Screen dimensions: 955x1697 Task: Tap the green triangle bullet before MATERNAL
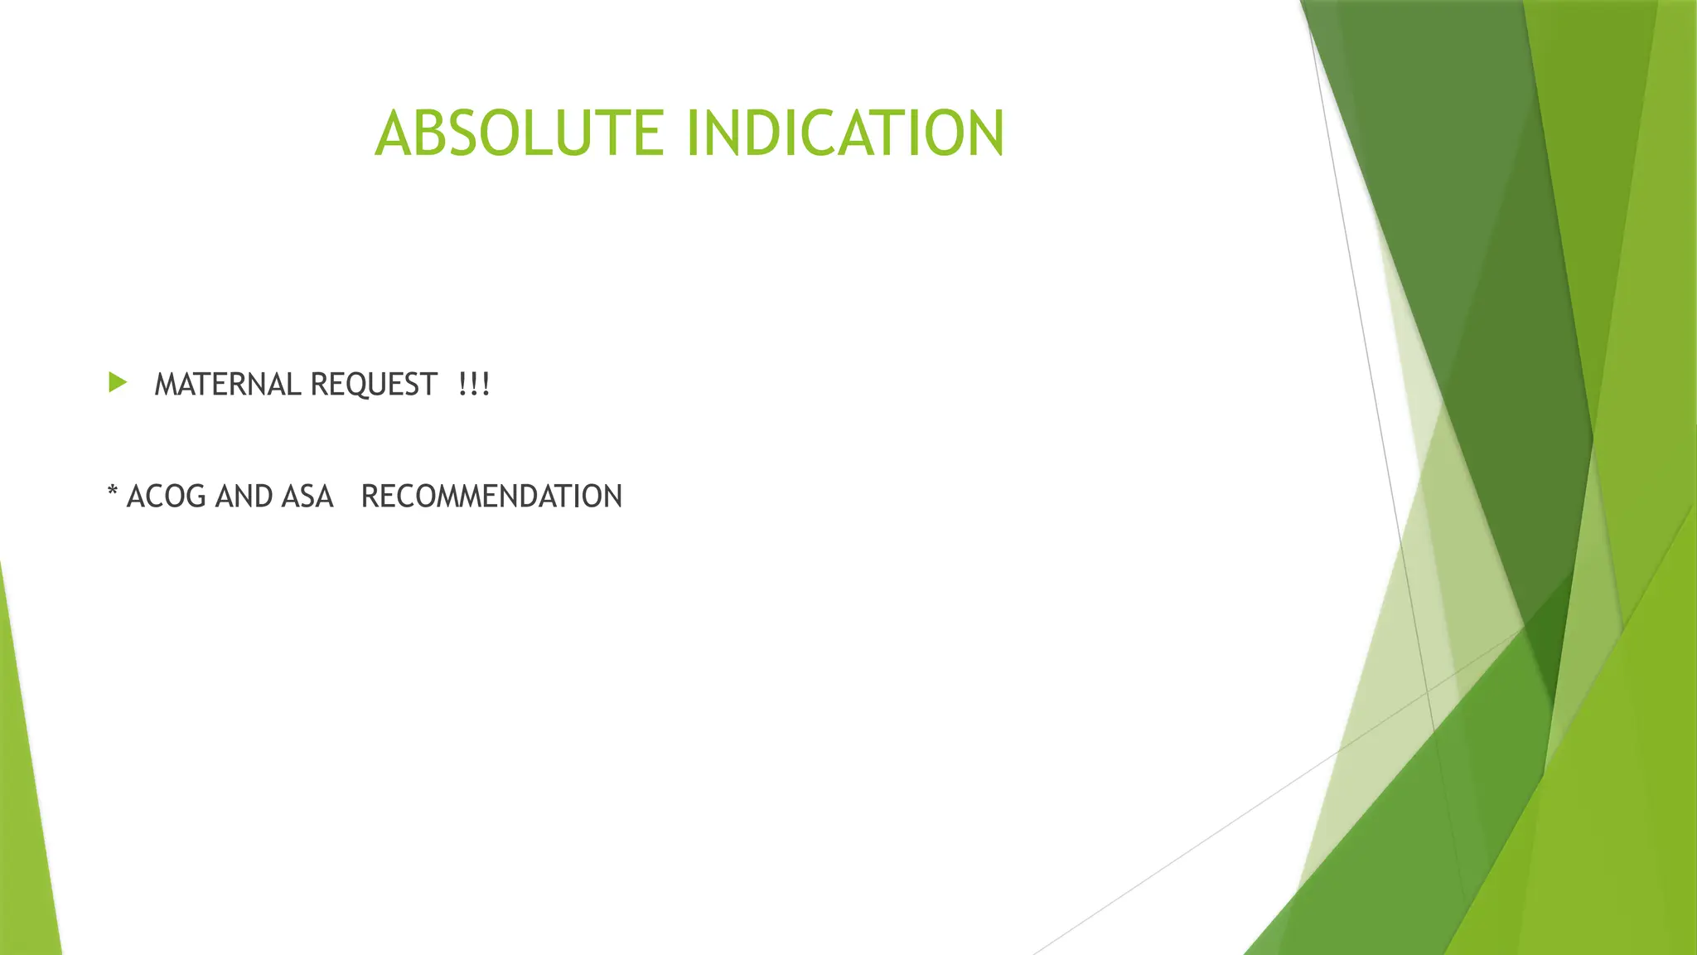point(118,383)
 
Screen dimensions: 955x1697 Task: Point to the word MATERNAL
point(228,385)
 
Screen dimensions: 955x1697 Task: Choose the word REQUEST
point(373,385)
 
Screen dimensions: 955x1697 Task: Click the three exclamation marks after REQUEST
point(474,385)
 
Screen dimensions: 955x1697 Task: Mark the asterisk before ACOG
point(113,492)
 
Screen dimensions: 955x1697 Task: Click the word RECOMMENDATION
point(491,497)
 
